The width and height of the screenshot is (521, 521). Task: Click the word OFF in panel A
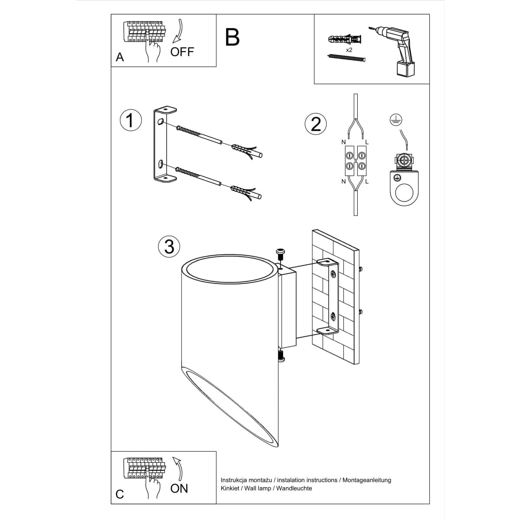[x=182, y=52]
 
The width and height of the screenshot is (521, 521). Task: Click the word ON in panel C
[x=179, y=488]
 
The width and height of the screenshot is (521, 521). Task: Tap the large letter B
[x=233, y=37]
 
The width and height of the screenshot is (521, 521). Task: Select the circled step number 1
[x=131, y=120]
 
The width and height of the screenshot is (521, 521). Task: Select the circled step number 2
[x=316, y=124]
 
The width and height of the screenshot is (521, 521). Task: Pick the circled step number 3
[x=169, y=246]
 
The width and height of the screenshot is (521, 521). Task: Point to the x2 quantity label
[x=349, y=50]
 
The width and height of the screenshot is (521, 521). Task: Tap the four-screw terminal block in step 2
[x=355, y=160]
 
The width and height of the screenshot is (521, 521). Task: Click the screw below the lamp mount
[x=281, y=356]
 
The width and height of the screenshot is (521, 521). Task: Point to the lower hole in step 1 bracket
[x=161, y=164]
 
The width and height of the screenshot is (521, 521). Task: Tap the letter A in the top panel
[x=120, y=57]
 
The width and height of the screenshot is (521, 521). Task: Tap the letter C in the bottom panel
[x=120, y=494]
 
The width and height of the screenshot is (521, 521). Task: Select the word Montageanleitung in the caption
[x=367, y=480]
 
